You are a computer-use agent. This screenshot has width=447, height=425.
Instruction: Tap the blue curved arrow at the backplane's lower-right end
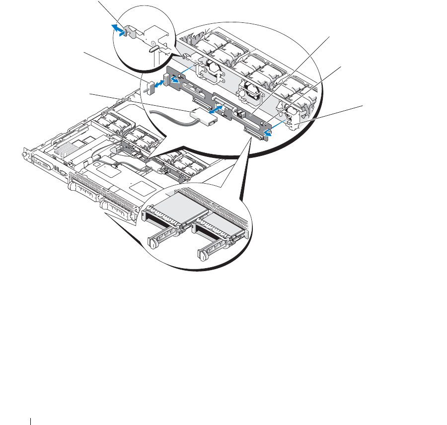pos(268,132)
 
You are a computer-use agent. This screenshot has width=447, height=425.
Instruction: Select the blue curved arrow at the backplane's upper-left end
pos(175,78)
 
